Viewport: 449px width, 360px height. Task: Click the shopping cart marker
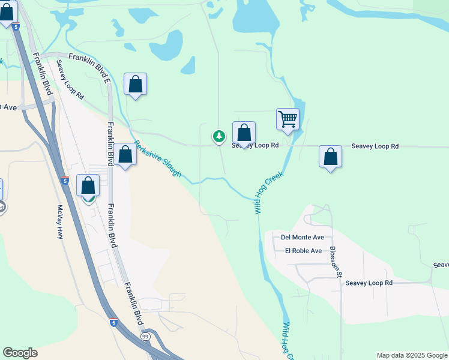[288, 119]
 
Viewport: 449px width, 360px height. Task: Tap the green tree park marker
[219, 137]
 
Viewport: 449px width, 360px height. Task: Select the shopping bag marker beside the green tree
[244, 134]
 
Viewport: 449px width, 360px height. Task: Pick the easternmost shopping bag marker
[330, 157]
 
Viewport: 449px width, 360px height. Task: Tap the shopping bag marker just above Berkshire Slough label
[125, 155]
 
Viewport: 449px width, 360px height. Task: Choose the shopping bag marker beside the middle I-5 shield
[88, 187]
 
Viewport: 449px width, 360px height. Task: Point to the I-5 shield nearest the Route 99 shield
[113, 323]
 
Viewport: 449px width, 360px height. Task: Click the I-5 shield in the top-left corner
[16, 27]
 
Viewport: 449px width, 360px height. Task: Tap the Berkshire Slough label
[157, 158]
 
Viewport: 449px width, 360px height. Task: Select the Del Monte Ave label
[302, 238]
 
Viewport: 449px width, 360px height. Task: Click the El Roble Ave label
[303, 251]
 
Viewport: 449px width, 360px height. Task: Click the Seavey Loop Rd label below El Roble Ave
[369, 283]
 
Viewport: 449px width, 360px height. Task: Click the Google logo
[20, 353]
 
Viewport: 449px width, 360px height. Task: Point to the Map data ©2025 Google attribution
[412, 355]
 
